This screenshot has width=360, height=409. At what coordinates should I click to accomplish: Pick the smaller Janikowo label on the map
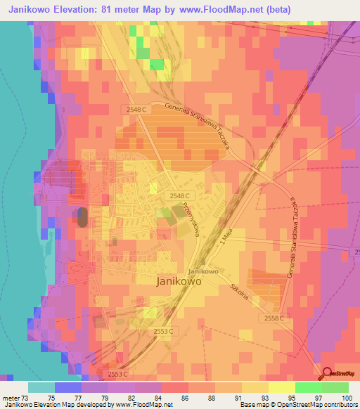(202, 271)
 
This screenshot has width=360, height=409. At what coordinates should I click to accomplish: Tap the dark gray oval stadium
(82, 216)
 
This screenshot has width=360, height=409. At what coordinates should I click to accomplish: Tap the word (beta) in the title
(274, 9)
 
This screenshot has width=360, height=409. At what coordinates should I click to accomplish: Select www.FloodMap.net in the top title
(218, 9)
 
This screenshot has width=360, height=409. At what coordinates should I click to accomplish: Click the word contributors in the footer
(341, 405)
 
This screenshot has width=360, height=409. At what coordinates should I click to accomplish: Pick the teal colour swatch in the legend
(41, 387)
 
